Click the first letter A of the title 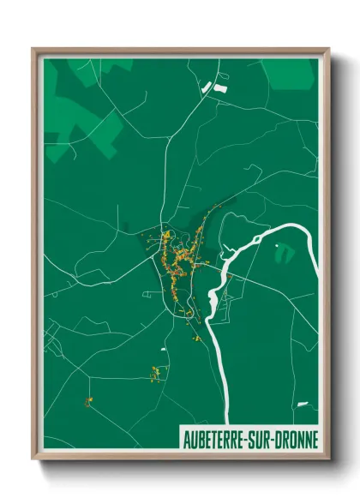point(185,440)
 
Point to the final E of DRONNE point(315,440)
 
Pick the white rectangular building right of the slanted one point(220,87)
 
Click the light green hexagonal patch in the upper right point(289,73)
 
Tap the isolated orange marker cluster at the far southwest point(87,401)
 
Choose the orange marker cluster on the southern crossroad point(155,373)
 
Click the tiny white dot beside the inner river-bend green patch point(277,246)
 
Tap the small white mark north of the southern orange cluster point(163,350)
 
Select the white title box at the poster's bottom point(249,440)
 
